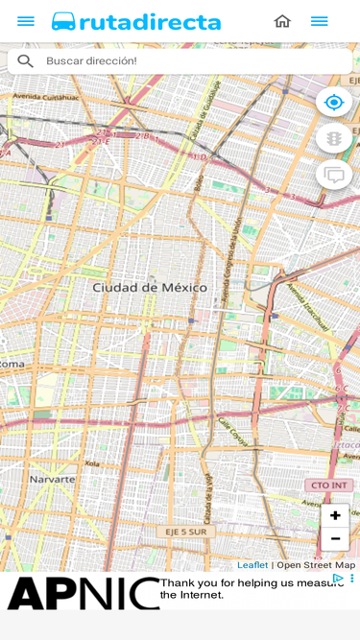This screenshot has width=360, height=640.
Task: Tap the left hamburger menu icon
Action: (26, 21)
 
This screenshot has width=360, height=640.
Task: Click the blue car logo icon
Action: (64, 21)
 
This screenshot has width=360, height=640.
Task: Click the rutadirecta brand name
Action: (150, 22)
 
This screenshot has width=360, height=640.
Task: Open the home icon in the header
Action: (282, 21)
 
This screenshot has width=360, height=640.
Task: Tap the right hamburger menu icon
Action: (319, 21)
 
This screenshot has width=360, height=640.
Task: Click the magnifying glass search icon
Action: (25, 61)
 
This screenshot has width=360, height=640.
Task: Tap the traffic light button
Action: (334, 138)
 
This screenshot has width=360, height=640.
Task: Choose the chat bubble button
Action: (334, 175)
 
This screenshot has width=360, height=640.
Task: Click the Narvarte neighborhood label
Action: (52, 478)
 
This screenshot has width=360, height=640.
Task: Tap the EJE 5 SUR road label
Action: (185, 531)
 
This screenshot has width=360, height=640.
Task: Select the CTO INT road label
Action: (328, 486)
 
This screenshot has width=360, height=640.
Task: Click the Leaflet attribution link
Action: (252, 565)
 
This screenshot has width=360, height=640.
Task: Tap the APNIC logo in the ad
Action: (82, 593)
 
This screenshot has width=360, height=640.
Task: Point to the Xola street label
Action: (91, 462)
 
